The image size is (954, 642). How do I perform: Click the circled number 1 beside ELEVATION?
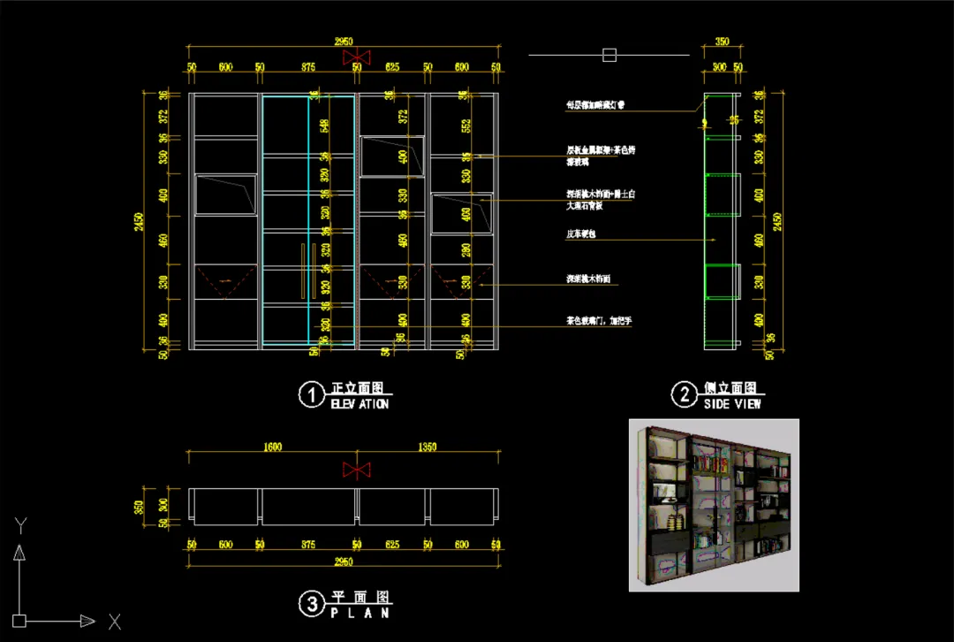click(310, 395)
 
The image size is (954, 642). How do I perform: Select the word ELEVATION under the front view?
click(360, 404)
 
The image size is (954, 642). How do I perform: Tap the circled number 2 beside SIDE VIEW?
click(684, 394)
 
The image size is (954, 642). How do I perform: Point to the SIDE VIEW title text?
click(732, 404)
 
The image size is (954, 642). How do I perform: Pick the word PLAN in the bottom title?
click(360, 612)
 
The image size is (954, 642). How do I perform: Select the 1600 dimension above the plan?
click(272, 447)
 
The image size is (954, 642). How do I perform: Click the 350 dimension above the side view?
click(722, 42)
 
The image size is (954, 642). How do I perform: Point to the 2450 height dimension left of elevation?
click(139, 221)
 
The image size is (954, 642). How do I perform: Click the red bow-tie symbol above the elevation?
click(356, 57)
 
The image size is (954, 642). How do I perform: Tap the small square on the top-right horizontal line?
click(609, 55)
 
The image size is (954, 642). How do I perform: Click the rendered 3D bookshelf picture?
click(714, 505)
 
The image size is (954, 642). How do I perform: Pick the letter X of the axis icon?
click(114, 622)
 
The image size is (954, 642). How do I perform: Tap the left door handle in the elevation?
click(301, 271)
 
